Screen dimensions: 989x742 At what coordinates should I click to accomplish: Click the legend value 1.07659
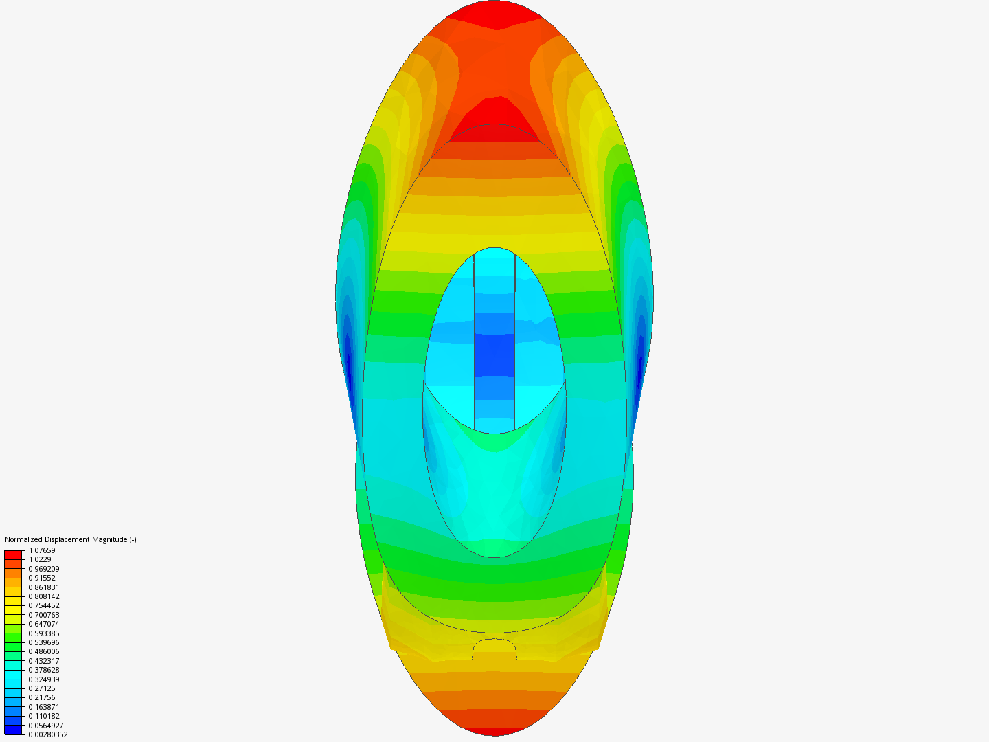pyautogui.click(x=42, y=550)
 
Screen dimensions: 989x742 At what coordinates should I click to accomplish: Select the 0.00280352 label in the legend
pyautogui.click(x=48, y=734)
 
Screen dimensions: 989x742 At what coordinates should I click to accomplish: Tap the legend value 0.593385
pyautogui.click(x=44, y=633)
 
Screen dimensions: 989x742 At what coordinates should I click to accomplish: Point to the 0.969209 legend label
pyautogui.click(x=44, y=569)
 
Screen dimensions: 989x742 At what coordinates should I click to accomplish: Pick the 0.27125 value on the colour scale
pyautogui.click(x=41, y=688)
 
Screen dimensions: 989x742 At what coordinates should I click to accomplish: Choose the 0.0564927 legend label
pyautogui.click(x=45, y=726)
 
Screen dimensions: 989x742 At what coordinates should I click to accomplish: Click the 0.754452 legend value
pyautogui.click(x=44, y=605)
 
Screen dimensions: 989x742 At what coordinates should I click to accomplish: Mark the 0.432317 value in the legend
pyautogui.click(x=44, y=661)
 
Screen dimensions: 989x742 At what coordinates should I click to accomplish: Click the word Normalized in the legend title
pyautogui.click(x=21, y=539)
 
